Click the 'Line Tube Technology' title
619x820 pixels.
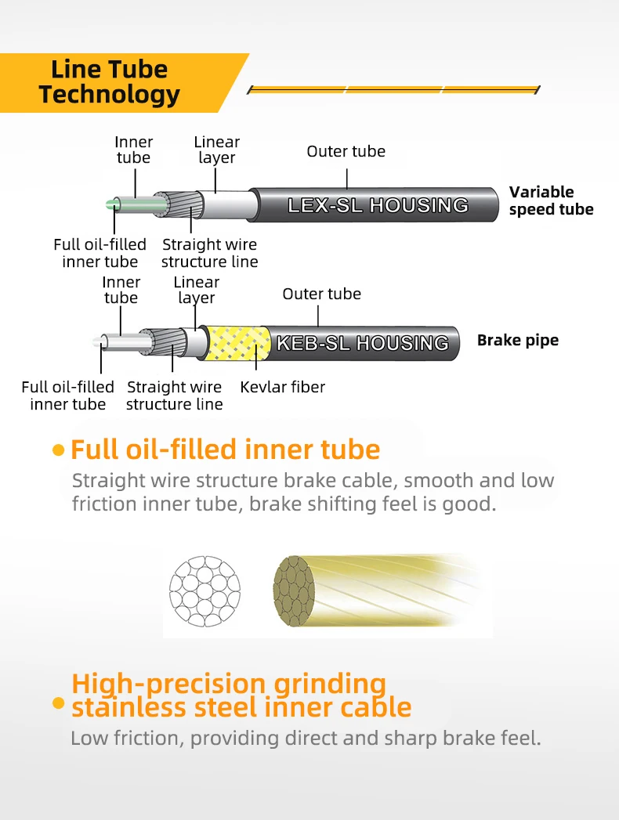click(x=110, y=81)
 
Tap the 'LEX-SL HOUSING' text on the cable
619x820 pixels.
click(x=378, y=205)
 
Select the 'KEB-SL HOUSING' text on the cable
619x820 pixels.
click(x=363, y=343)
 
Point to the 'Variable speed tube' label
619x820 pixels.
click(x=551, y=200)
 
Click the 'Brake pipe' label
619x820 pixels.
click(x=518, y=341)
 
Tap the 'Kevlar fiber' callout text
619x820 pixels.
click(x=282, y=387)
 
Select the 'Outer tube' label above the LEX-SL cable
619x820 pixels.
click(x=346, y=151)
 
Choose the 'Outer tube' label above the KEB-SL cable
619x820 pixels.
click(x=321, y=294)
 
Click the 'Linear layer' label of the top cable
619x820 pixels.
click(x=217, y=150)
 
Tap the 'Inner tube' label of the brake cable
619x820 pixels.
click(x=121, y=290)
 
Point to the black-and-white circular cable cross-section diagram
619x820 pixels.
click(x=207, y=587)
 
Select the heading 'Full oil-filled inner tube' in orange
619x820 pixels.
click(x=225, y=450)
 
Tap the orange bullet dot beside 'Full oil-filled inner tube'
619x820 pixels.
click(x=58, y=450)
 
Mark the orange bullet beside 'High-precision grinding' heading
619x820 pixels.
click(x=58, y=703)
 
